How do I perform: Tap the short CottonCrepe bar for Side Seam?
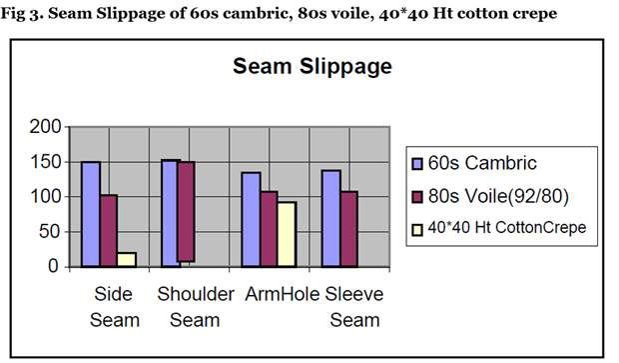pyautogui.click(x=127, y=259)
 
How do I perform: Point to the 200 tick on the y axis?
pyautogui.click(x=46, y=127)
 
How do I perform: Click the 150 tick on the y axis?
pyautogui.click(x=46, y=162)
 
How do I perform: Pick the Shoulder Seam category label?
pyautogui.click(x=196, y=307)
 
